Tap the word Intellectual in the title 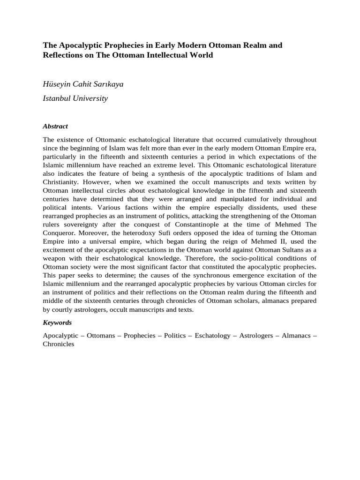pos(170,55)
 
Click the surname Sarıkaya pos(109,84)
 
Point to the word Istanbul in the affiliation pos(58,98)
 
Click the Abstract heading pos(55,126)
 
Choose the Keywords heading pos(57,322)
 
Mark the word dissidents pos(241,207)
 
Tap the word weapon pos(55,258)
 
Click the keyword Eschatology pos(213,336)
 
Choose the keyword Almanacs pos(296,336)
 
